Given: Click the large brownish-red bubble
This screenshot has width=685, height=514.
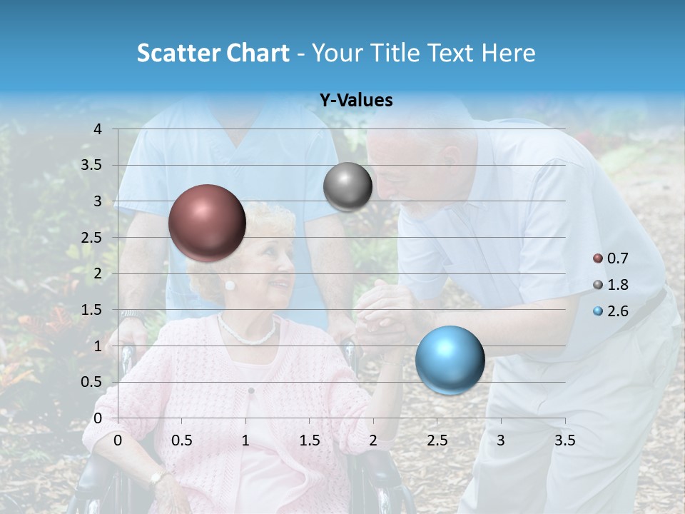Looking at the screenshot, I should tap(207, 223).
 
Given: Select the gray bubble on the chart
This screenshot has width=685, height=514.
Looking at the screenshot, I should tap(347, 187).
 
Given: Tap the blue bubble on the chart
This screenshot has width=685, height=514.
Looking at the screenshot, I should tap(450, 360).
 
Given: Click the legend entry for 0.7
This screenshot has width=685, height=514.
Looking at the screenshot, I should tap(612, 258).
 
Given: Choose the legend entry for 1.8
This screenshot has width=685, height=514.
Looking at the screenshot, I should tap(612, 285).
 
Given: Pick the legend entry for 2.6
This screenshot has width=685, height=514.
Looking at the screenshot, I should tap(612, 311).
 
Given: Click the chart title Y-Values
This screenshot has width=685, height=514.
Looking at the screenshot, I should tap(356, 101).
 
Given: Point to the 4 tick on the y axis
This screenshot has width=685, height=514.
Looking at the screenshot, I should tap(98, 129).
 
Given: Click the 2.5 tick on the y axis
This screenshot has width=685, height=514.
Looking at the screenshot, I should tap(92, 238).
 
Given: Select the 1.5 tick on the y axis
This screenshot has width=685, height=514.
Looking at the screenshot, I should tap(92, 310).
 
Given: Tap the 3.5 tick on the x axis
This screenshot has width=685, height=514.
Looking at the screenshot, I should tap(564, 440).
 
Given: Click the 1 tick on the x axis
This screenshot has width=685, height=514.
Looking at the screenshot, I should tap(245, 440).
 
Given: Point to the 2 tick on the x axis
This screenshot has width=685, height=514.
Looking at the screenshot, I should tap(373, 440).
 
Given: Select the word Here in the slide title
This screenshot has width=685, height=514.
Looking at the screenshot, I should tap(508, 53).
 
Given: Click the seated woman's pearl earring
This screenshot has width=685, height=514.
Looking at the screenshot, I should tap(230, 285).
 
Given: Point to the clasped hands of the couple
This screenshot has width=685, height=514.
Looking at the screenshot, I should tap(378, 314).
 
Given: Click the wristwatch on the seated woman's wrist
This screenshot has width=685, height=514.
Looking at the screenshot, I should tap(156, 478).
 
